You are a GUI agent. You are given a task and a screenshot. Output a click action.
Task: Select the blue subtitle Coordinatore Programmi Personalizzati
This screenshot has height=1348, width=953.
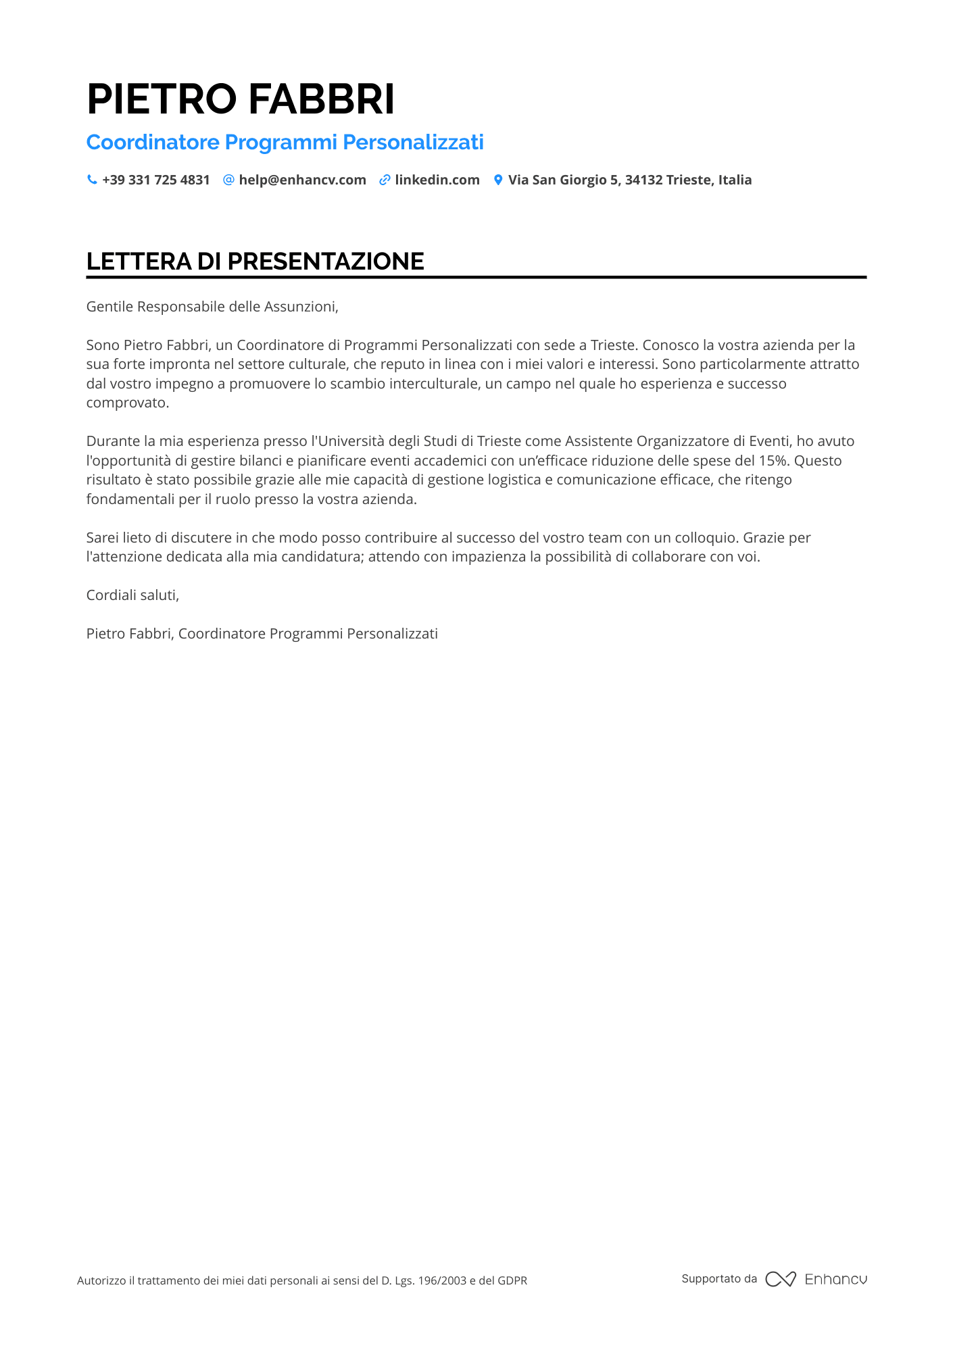[285, 142]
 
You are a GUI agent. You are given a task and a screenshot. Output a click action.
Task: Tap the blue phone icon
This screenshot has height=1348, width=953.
[92, 180]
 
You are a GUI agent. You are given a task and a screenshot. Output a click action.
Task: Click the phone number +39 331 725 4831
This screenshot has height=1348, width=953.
[156, 180]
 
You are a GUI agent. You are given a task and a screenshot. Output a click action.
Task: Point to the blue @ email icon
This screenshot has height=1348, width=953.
[228, 180]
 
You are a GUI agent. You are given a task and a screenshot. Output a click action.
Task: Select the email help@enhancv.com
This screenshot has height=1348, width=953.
[302, 180]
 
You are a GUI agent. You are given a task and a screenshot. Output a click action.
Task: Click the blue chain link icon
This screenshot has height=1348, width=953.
[385, 180]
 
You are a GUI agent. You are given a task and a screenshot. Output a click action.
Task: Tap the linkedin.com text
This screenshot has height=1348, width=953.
[437, 180]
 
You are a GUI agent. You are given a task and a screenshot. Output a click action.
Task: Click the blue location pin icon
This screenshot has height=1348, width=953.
[498, 180]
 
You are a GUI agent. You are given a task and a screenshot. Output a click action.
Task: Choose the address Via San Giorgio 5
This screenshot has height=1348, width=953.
[563, 180]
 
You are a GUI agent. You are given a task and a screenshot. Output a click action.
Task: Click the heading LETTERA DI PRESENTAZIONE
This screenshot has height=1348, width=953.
[255, 261]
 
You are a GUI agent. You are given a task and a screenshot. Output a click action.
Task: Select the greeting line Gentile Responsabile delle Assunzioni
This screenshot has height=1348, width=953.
[212, 307]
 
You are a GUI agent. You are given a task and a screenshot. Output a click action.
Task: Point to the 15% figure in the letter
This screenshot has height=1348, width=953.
[774, 461]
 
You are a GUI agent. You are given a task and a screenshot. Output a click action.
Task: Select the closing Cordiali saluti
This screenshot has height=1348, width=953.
[132, 595]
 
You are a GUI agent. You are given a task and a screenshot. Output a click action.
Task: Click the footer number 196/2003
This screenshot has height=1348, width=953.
[442, 1280]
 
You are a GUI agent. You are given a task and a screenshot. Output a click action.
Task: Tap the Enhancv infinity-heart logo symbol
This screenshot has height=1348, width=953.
[781, 1279]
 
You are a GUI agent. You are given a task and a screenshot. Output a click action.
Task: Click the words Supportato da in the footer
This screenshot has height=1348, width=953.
[719, 1278]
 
